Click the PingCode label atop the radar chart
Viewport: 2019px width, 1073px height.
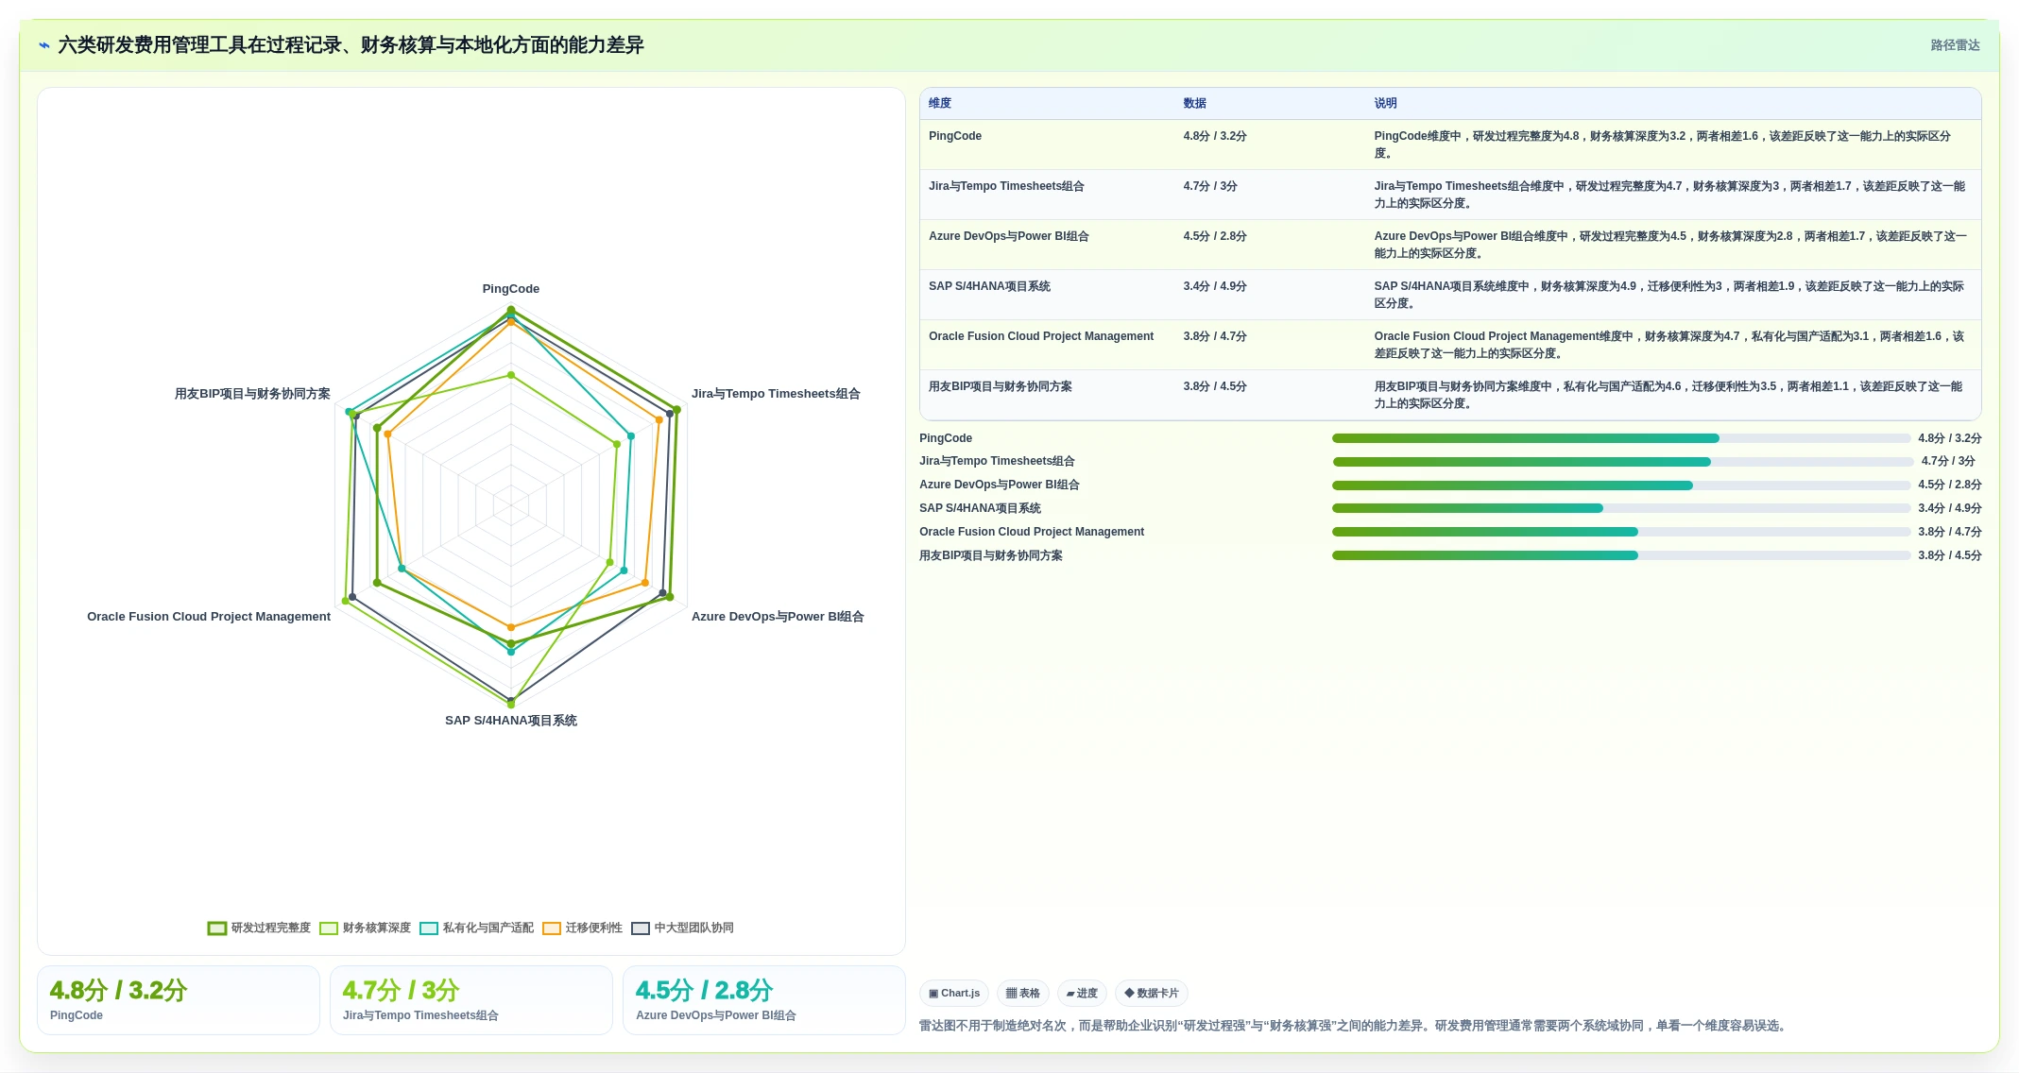pos(511,289)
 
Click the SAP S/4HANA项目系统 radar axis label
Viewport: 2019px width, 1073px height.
pos(511,721)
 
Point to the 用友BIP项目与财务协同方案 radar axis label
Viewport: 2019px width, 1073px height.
pos(252,394)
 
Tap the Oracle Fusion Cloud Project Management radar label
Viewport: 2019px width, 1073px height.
pos(209,617)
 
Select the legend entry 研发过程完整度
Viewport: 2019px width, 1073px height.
pos(260,928)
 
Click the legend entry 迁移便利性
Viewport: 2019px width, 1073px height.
pos(583,928)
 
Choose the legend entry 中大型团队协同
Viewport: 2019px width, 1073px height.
pos(683,928)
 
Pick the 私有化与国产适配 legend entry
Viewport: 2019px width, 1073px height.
pos(477,928)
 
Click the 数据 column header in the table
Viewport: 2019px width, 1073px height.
pos(1195,103)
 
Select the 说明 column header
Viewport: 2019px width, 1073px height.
pos(1386,103)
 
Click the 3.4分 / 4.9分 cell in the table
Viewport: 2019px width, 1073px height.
pos(1215,286)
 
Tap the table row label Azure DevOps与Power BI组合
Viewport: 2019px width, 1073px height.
pos(1009,236)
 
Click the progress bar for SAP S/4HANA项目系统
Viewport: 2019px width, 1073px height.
pos(1621,508)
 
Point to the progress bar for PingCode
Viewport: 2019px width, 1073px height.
pos(1621,438)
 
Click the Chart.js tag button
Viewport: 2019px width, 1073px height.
pos(954,993)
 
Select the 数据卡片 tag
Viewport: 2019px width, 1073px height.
pos(1152,993)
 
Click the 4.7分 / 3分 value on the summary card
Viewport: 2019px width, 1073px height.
pos(401,990)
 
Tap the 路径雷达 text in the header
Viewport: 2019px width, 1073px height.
pos(1955,45)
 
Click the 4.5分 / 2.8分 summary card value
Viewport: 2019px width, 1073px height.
pos(704,990)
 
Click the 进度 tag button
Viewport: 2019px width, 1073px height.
pos(1082,993)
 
